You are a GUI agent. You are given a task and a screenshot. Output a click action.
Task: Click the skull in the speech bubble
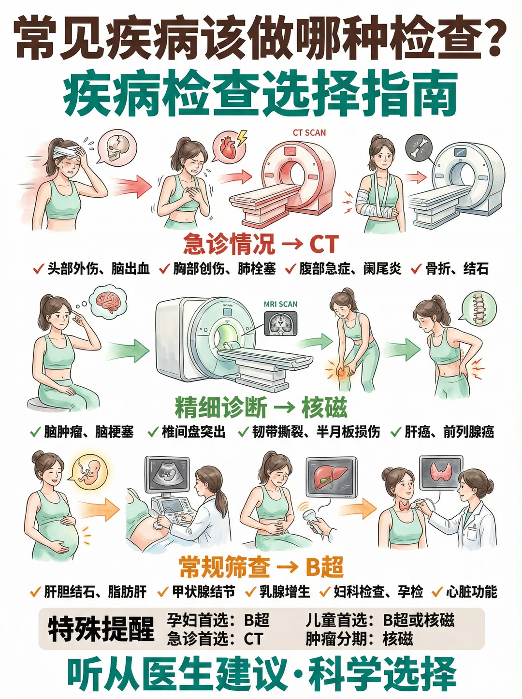(114, 148)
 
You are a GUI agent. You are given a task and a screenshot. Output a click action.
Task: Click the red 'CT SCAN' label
(309, 132)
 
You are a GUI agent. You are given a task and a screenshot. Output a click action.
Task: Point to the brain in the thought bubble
(109, 302)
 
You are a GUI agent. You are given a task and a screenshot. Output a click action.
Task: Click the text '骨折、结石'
(457, 269)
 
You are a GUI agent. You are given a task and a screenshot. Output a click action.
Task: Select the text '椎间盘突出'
(193, 432)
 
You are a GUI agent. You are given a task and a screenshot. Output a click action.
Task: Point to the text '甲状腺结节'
(203, 592)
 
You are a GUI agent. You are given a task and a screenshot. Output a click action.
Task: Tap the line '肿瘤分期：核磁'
(359, 638)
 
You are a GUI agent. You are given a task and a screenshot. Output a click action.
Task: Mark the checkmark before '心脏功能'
(437, 592)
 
